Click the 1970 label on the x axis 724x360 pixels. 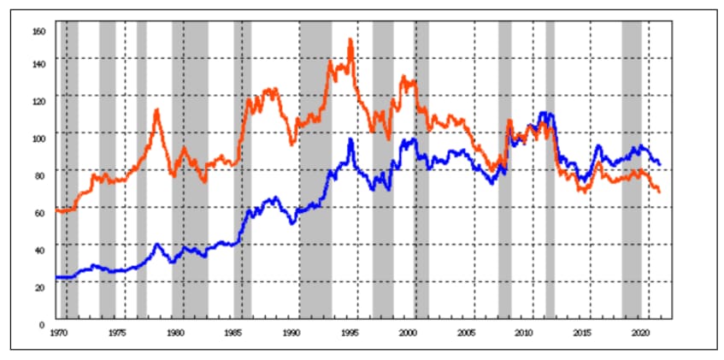point(59,330)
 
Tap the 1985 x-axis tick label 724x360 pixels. point(233,330)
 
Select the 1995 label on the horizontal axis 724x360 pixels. point(350,330)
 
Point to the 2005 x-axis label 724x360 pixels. point(466,330)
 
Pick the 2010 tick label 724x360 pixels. point(524,330)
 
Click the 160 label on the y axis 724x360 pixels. point(38,31)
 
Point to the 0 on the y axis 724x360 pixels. point(41,324)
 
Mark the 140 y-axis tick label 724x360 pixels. point(38,62)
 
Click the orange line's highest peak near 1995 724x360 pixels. point(350,40)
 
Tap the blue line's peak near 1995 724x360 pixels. point(350,139)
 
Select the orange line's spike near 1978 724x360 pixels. point(156,109)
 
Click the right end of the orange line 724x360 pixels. point(659,192)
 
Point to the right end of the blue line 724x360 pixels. point(659,163)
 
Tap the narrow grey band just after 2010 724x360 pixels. point(550,171)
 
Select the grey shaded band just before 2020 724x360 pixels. point(631,171)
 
